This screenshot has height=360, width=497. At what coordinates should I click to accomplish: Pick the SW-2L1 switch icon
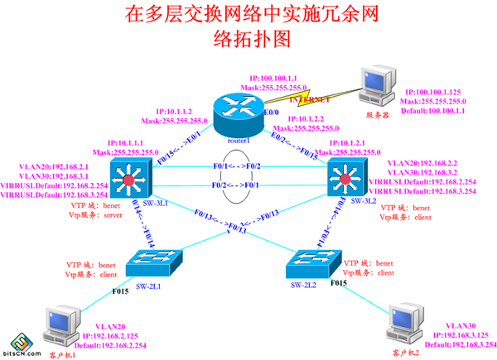155,262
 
